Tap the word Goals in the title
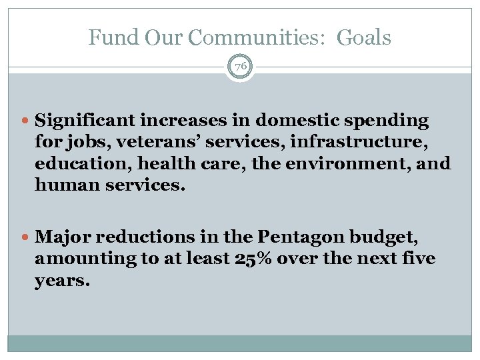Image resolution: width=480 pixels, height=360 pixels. (x=363, y=38)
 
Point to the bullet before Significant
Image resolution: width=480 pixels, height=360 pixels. (x=27, y=121)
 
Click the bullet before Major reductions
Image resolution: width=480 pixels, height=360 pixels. (x=27, y=237)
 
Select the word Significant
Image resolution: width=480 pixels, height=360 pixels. (x=85, y=121)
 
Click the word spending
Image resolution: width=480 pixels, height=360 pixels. (x=389, y=121)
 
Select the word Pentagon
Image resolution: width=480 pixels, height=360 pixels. (x=296, y=237)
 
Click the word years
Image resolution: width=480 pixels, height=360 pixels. (x=62, y=281)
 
